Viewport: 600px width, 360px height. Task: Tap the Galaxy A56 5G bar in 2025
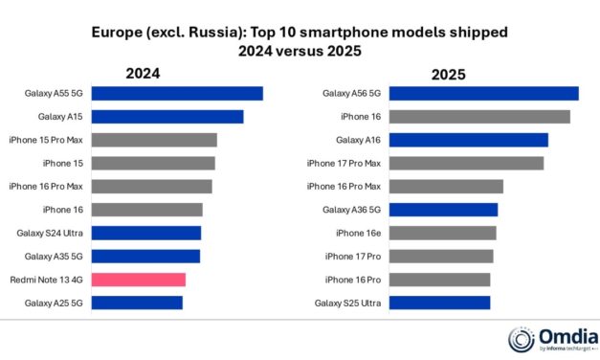point(483,94)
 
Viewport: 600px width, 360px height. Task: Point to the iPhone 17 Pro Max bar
point(466,163)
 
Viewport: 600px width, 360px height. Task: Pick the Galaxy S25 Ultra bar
point(439,304)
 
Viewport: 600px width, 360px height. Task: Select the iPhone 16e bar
point(442,233)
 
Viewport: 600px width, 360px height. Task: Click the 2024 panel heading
point(143,73)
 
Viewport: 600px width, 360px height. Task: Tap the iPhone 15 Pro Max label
point(47,140)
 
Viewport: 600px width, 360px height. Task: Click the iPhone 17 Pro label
point(353,257)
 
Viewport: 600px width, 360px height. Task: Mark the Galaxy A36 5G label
point(350,210)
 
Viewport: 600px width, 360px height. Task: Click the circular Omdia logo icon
point(522,338)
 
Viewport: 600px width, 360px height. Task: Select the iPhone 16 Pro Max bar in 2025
point(446,187)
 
